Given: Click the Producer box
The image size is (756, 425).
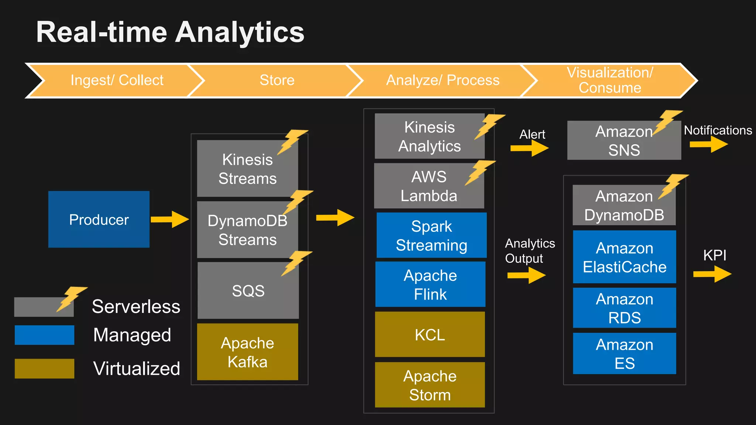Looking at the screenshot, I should tap(99, 219).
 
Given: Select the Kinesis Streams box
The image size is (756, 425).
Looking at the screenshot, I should tap(247, 169).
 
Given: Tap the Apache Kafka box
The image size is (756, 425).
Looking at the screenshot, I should tap(247, 352).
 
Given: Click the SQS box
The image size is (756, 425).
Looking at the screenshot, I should tap(248, 291).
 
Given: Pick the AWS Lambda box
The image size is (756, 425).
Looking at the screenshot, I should tap(429, 186).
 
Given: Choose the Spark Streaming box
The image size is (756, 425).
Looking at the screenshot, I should tap(431, 235).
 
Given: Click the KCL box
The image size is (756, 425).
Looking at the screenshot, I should tap(430, 334).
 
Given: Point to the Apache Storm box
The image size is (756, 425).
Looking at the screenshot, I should tap(430, 385).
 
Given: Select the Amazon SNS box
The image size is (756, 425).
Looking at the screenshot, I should tap(624, 141).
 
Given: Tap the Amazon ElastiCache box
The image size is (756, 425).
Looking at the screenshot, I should tap(624, 257).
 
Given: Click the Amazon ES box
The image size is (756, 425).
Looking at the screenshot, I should tap(624, 353).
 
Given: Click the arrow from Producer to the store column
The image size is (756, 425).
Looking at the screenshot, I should tap(169, 220).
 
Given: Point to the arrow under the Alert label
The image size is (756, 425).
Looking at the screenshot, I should tap(529, 148).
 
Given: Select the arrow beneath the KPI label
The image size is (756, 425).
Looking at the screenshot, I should tap(712, 274).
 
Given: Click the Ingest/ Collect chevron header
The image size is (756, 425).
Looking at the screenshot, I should tap(117, 80).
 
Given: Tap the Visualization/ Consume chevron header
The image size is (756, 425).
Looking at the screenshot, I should tap(610, 80).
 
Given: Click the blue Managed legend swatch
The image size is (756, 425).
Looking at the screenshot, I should tap(44, 335).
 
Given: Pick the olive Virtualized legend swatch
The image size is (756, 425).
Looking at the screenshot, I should tap(44, 368).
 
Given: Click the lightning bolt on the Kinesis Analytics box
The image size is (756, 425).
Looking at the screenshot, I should tap(489, 126).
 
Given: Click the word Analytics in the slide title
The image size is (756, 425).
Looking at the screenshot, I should tap(240, 32).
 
